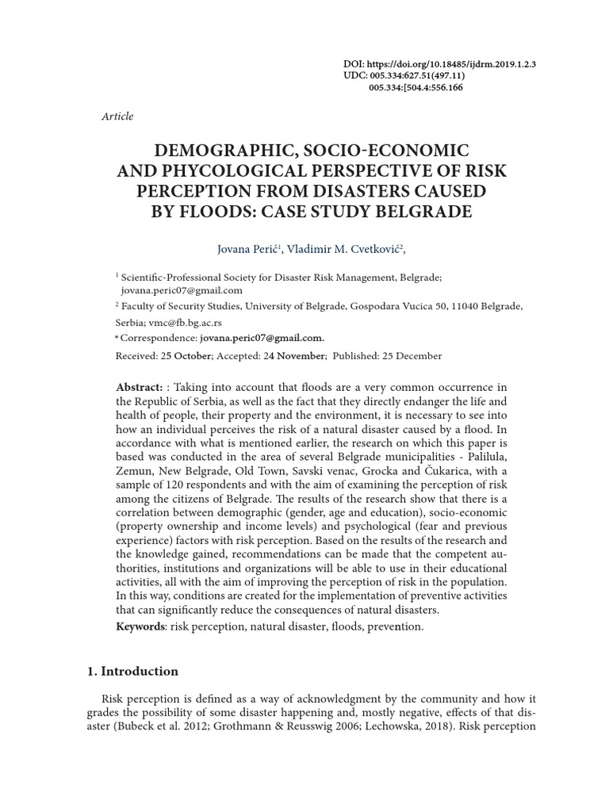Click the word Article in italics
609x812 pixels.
coord(117,117)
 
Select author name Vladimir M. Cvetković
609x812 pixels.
coord(346,249)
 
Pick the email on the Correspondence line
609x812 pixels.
coord(262,338)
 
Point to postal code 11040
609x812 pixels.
coord(465,306)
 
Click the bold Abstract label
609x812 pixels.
coord(139,387)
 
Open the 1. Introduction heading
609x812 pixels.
coord(132,672)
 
